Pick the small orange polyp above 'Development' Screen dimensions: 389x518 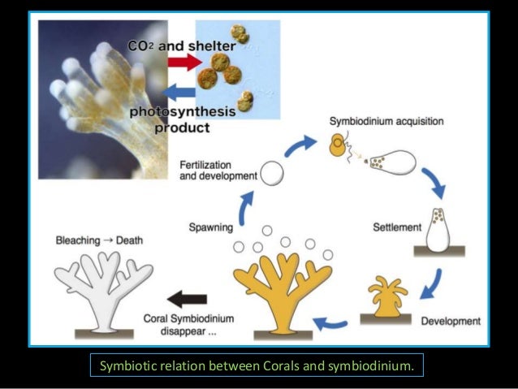click(x=385, y=295)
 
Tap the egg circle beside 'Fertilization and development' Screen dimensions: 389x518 click(x=274, y=173)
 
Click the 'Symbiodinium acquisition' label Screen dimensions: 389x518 click(x=386, y=121)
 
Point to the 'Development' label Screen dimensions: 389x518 click(x=451, y=320)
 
